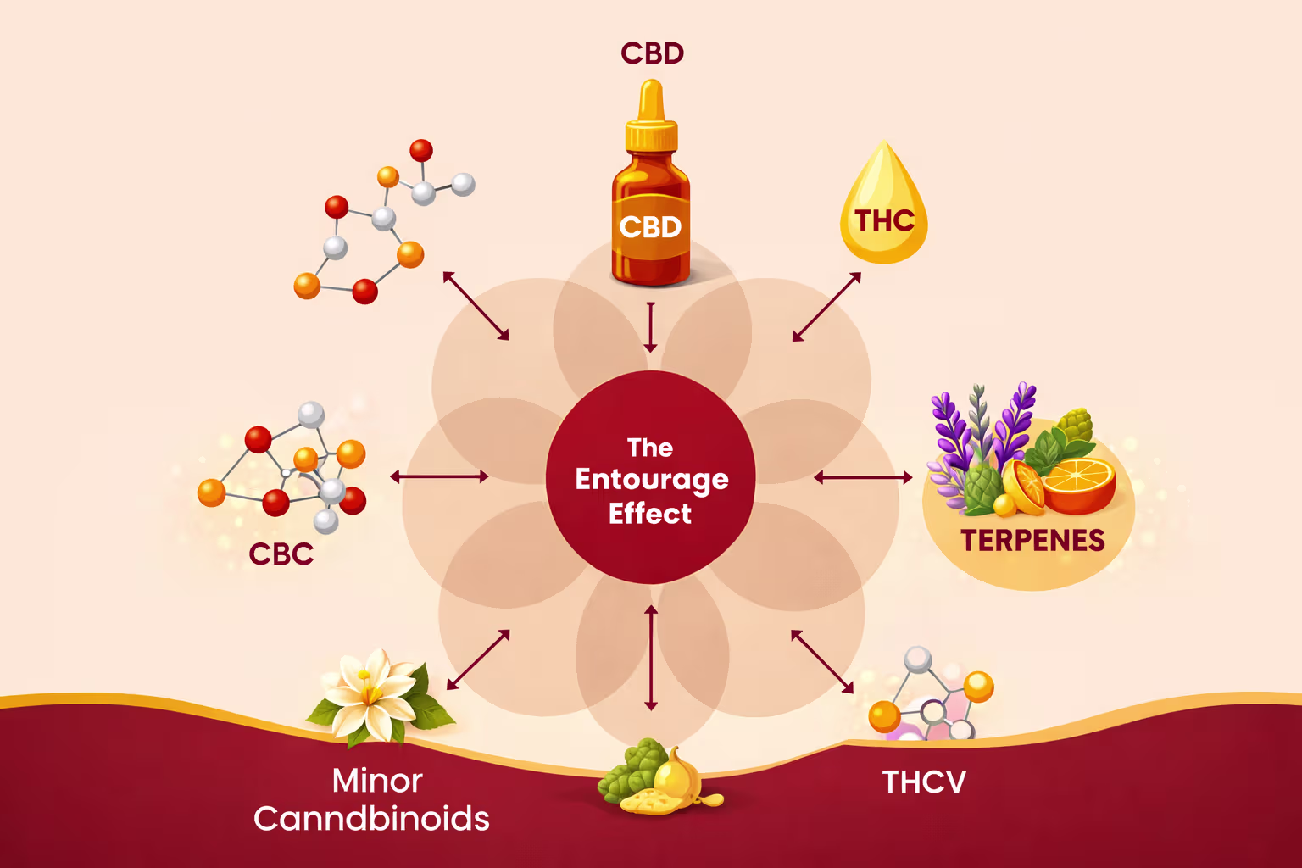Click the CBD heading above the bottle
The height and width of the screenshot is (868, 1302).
[652, 53]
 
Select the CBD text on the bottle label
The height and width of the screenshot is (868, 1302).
[650, 227]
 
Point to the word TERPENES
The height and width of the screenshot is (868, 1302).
[1032, 541]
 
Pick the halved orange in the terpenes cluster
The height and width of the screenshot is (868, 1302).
[1077, 484]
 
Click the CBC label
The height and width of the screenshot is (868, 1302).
[281, 554]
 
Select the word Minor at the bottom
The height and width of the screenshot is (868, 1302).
[377, 781]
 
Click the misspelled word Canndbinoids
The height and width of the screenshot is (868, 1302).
[371, 819]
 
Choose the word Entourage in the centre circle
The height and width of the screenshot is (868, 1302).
[651, 480]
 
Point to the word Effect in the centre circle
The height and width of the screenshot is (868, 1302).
[650, 514]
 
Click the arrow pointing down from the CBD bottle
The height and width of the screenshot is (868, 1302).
[650, 327]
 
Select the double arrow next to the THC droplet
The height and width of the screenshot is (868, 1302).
[826, 307]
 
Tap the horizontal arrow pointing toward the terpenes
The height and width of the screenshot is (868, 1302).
[863, 478]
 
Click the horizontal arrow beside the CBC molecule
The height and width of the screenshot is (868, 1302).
[439, 476]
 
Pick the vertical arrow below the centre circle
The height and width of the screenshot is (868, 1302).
[651, 658]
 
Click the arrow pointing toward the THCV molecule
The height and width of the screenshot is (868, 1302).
[822, 662]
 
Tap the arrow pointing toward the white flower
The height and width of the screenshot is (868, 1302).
[478, 659]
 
